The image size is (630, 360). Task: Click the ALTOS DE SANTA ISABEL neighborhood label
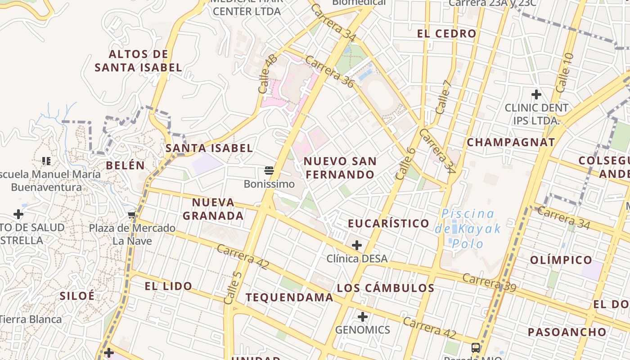point(138,61)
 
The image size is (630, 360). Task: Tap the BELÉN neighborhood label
point(126,165)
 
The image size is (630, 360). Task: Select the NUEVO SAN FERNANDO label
point(340,168)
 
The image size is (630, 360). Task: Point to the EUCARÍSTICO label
point(389,223)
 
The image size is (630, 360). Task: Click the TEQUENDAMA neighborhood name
point(289,297)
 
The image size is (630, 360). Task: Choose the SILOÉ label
point(77,296)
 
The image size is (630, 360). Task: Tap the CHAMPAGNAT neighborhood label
point(511,143)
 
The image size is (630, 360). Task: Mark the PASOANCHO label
point(567,333)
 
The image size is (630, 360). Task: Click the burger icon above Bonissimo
point(269,171)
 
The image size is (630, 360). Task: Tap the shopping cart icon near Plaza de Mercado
point(131,215)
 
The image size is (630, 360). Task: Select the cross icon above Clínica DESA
point(357,245)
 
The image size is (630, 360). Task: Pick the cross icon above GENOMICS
point(363,317)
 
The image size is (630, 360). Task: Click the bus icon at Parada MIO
point(476,347)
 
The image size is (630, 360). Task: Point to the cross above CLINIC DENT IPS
point(536,94)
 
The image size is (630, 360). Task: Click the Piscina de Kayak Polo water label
point(468,229)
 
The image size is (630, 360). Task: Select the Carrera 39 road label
point(489,283)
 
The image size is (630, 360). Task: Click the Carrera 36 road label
point(329,71)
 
